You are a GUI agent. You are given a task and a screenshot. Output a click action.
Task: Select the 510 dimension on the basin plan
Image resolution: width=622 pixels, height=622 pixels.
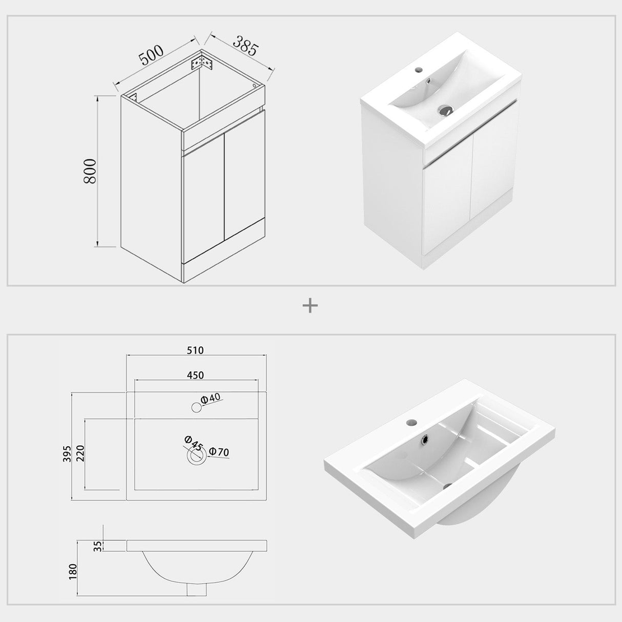(195, 350)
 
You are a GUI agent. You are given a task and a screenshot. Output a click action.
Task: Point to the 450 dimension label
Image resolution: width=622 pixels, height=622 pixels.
(195, 375)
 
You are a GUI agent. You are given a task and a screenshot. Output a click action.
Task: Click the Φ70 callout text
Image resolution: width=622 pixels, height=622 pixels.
(219, 452)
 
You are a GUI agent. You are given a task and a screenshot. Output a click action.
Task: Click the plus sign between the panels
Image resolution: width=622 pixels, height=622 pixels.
(310, 306)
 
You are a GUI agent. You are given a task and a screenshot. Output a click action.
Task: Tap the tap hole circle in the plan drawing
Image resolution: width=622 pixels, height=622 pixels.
(196, 407)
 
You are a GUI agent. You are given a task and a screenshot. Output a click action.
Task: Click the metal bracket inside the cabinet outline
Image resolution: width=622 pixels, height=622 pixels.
(201, 64)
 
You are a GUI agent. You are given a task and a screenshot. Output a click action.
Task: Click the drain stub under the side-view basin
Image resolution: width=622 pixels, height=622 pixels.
(194, 591)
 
